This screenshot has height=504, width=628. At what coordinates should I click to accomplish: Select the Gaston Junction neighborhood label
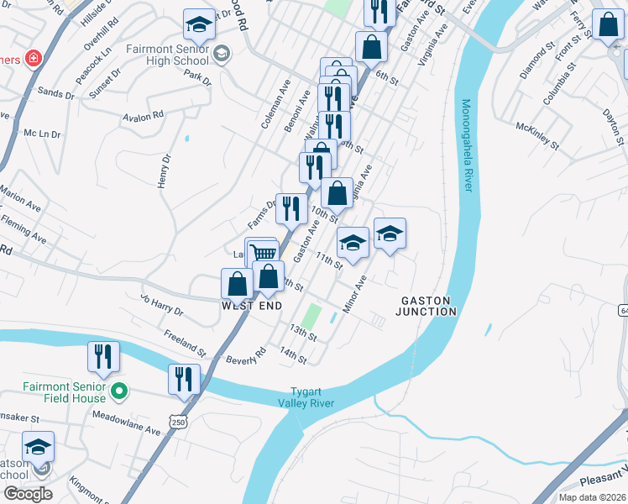click(428, 306)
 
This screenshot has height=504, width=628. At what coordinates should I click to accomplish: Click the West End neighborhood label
click(251, 307)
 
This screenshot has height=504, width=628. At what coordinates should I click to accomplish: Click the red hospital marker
click(32, 60)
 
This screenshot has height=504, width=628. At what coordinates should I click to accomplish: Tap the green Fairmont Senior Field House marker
click(119, 390)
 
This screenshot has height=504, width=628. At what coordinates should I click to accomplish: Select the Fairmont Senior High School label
click(167, 55)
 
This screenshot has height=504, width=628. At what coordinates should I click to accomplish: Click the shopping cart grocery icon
click(264, 252)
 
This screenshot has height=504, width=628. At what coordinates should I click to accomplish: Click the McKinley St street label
click(537, 134)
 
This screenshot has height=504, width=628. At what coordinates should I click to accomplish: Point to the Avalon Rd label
click(142, 117)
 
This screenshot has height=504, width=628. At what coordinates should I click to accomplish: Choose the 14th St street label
click(293, 355)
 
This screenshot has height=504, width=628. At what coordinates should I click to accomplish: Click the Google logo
click(28, 494)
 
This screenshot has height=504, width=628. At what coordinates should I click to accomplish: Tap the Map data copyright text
click(592, 497)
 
